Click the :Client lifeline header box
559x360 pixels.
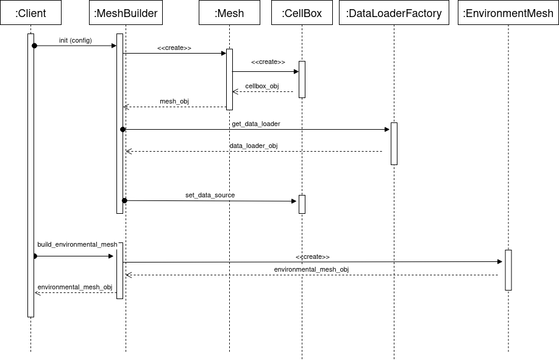pos(30,13)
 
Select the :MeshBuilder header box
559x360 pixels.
pos(126,13)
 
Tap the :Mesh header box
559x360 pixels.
pos(229,13)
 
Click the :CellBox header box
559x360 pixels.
pos(302,13)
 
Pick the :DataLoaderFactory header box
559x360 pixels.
pos(394,13)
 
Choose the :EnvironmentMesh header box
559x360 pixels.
pos(508,13)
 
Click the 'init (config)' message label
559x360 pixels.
pos(76,40)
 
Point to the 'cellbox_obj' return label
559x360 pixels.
pos(262,86)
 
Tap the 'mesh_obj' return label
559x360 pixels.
pos(174,101)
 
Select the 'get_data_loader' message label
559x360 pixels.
pos(256,124)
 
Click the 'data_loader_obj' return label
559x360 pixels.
pos(254,146)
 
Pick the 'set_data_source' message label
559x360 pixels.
pos(210,195)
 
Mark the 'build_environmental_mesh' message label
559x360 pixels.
pos(77,244)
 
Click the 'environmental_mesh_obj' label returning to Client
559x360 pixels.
pos(75,287)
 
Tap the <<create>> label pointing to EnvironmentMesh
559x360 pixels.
pos(313,256)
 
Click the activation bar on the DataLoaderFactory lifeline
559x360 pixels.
pos(394,144)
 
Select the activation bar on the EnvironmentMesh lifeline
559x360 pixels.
pos(508,270)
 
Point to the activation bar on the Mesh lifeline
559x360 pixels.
pos(229,79)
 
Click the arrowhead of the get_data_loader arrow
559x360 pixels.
pos(386,129)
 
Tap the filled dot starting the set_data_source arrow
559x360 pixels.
pos(124,200)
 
